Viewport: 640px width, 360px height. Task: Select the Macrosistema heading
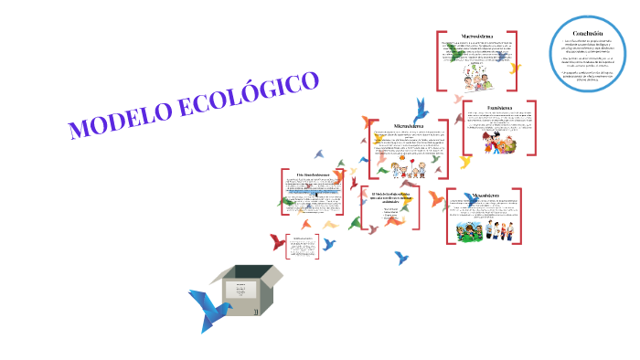pyautogui.click(x=485, y=37)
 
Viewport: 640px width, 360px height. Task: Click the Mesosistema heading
pyautogui.click(x=485, y=196)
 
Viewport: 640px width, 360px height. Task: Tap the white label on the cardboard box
pyautogui.click(x=241, y=291)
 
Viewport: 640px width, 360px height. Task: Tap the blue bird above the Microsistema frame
pyautogui.click(x=421, y=107)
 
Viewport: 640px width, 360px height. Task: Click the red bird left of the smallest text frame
pyautogui.click(x=277, y=242)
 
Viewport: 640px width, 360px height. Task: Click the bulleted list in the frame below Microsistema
pyautogui.click(x=391, y=217)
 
